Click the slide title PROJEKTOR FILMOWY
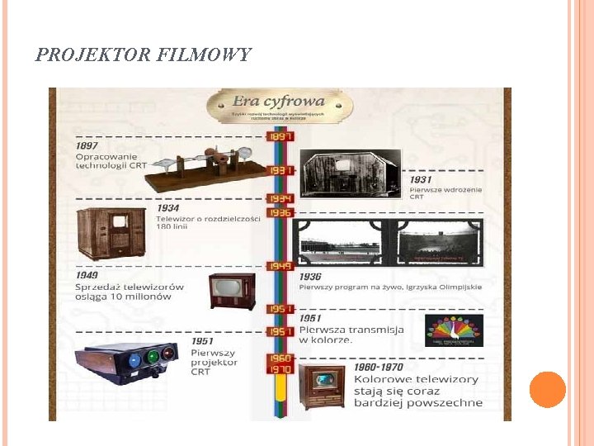pyautogui.click(x=144, y=55)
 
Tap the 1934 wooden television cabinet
pyautogui.click(x=111, y=233)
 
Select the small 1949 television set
pyautogui.click(x=232, y=290)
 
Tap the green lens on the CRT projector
pyautogui.click(x=152, y=357)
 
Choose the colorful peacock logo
pyautogui.click(x=455, y=329)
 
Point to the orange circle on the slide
pyautogui.click(x=547, y=389)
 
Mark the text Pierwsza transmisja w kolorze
pyautogui.click(x=351, y=334)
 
